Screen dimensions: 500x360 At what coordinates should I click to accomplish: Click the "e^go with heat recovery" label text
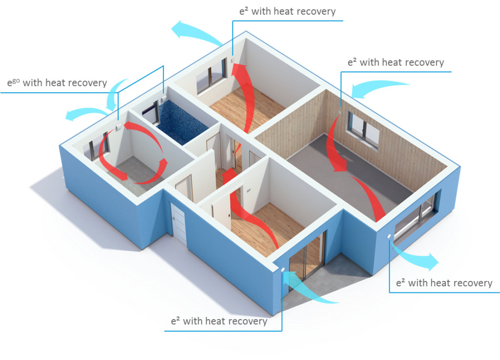pyautogui.click(x=57, y=83)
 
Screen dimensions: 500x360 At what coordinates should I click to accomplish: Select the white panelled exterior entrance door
pyautogui.click(x=178, y=223)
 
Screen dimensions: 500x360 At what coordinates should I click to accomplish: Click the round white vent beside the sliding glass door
pyautogui.click(x=283, y=270)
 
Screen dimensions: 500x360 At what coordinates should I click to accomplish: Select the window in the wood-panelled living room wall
pyautogui.click(x=363, y=129)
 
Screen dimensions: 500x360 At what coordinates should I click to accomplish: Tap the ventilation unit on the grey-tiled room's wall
pyautogui.click(x=118, y=127)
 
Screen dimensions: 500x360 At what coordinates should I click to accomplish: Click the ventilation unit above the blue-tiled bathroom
pyautogui.click(x=164, y=97)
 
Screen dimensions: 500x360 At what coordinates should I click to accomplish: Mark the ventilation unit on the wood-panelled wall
pyautogui.click(x=340, y=112)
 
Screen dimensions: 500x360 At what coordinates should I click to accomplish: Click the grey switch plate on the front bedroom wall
pyautogui.click(x=249, y=191)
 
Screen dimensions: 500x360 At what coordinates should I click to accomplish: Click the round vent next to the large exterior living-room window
pyautogui.click(x=389, y=237)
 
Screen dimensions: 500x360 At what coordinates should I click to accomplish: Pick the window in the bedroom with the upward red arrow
pyautogui.click(x=211, y=77)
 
